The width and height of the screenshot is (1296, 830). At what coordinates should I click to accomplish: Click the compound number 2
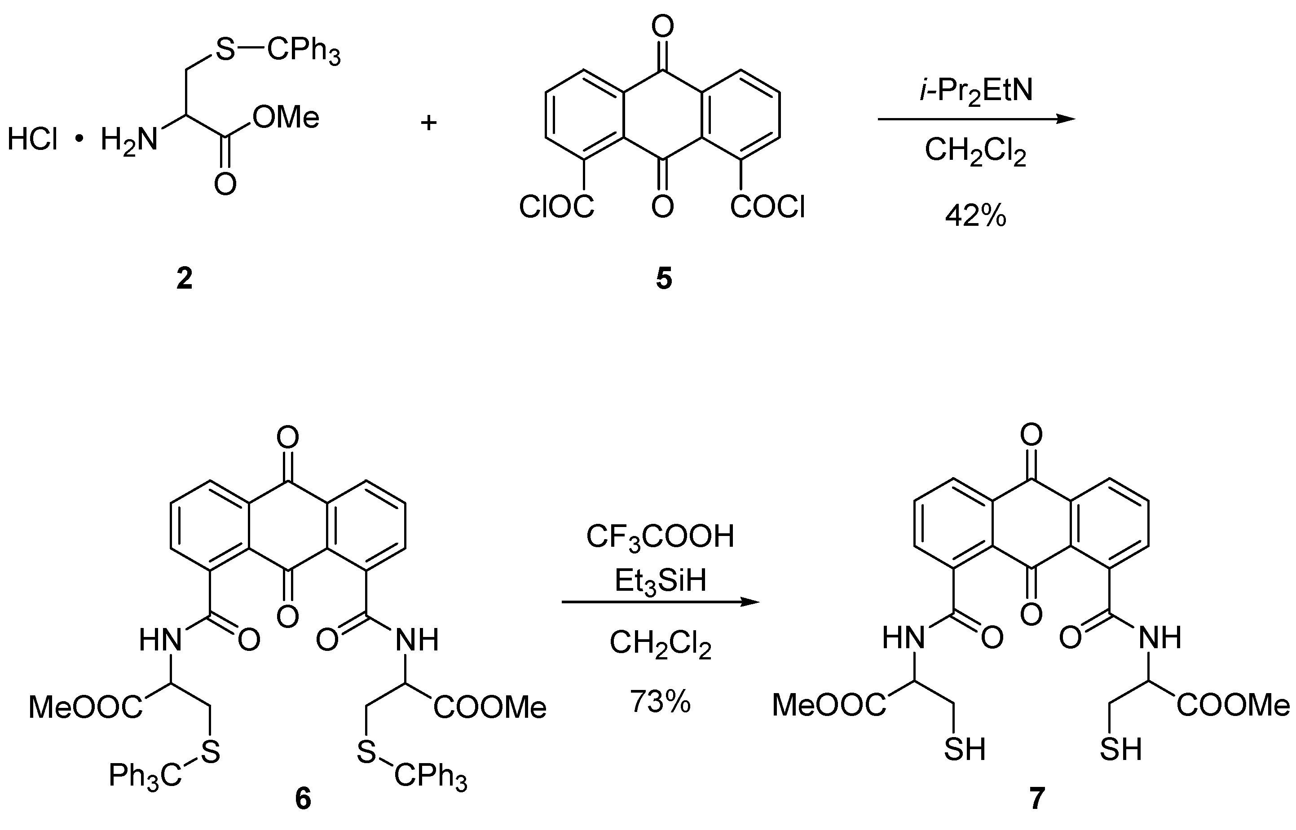point(185,279)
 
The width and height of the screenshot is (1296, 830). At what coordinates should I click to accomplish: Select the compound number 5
point(664,279)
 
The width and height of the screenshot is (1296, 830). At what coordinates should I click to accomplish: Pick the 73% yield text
point(660,702)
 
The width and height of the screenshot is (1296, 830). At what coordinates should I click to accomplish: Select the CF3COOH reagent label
point(660,537)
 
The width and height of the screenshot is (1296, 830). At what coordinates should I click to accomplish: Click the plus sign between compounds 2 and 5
point(428,123)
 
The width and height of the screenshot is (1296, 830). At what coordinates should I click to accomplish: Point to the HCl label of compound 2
point(32,140)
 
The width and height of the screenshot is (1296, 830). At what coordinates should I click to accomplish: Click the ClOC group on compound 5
point(556,207)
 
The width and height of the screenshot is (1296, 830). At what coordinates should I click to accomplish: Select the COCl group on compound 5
point(767,207)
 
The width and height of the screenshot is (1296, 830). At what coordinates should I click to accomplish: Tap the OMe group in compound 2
point(286,118)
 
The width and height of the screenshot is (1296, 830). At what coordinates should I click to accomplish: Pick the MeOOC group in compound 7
point(829,705)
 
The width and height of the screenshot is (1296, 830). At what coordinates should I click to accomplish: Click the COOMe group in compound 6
point(490,707)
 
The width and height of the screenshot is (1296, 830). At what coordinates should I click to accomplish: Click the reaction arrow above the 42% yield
point(976,119)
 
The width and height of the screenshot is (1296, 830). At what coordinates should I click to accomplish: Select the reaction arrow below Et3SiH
point(660,602)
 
